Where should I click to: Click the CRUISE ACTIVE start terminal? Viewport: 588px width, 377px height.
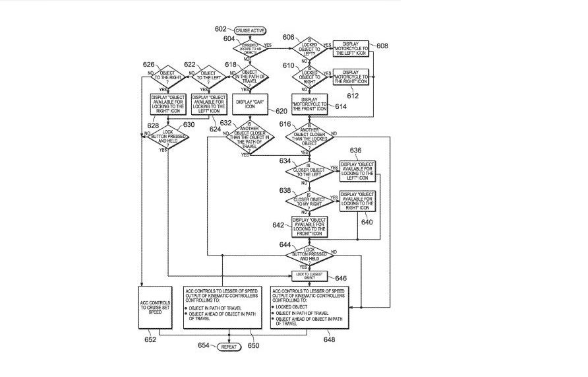point(249,30)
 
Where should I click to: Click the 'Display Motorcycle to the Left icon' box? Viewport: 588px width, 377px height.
point(351,48)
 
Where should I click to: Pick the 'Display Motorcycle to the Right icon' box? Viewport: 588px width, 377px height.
point(351,76)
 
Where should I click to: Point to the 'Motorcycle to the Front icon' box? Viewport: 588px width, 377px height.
point(310,103)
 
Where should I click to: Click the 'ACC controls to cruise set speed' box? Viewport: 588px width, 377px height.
point(156,307)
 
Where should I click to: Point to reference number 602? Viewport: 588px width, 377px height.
point(220,29)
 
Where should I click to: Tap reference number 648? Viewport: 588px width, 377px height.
point(329,339)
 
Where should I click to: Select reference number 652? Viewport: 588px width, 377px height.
point(150,339)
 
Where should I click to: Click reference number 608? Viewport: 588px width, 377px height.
point(382,46)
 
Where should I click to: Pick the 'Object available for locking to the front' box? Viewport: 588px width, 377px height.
point(310,226)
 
